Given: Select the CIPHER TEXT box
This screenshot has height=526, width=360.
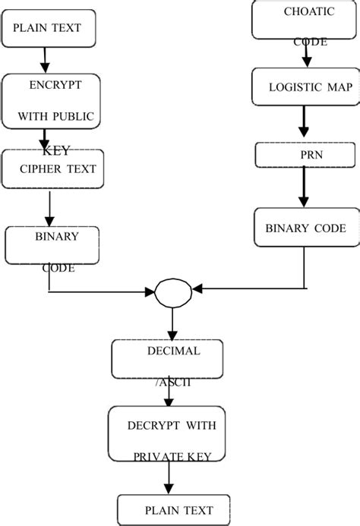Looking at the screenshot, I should tap(52, 169).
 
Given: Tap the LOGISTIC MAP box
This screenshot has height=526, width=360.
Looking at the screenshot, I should tap(304, 87).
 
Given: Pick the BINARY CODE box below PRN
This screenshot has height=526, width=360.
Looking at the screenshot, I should tap(305, 228).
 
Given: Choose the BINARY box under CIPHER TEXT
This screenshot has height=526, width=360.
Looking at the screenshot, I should tap(53, 244).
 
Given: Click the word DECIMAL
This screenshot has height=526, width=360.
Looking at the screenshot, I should tap(174, 351).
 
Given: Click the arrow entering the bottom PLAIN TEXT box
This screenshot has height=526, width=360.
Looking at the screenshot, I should tap(169, 478).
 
